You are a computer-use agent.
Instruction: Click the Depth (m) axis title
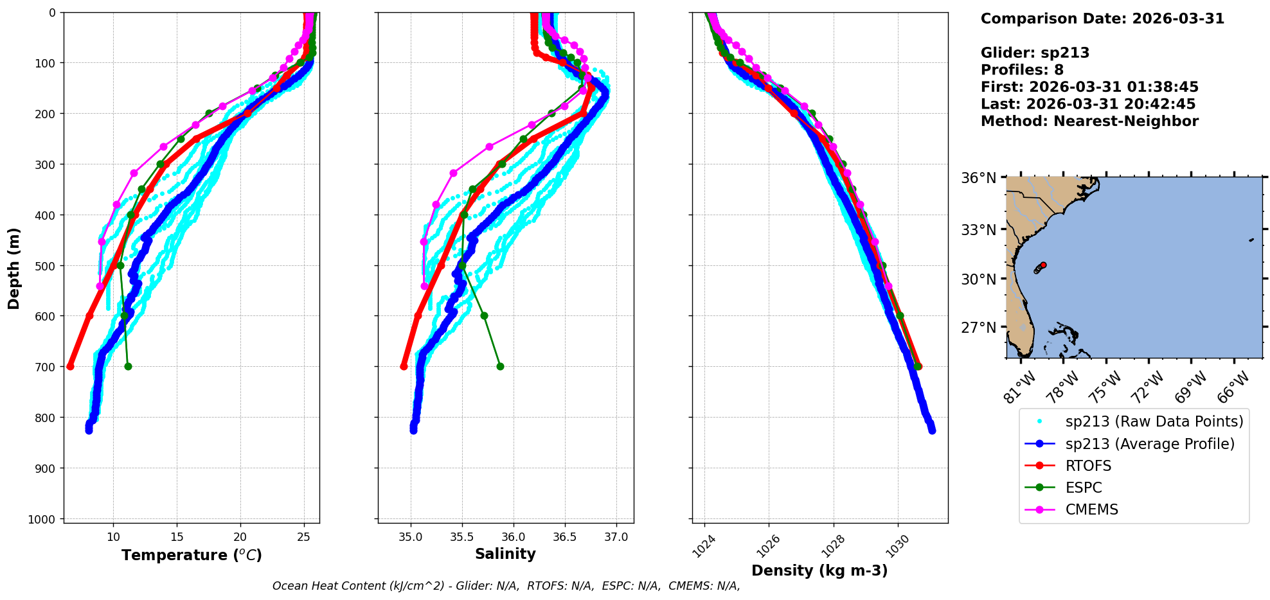click(x=14, y=268)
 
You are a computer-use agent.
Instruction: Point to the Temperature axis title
click(x=192, y=555)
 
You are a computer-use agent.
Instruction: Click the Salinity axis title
click(x=505, y=554)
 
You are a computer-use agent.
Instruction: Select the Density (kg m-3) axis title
click(x=819, y=570)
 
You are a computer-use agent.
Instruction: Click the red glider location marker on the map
click(x=1043, y=265)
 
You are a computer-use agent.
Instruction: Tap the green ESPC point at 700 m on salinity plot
click(x=500, y=366)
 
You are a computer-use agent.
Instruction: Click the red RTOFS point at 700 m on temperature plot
click(x=70, y=366)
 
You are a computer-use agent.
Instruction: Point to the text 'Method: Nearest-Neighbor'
click(x=1089, y=121)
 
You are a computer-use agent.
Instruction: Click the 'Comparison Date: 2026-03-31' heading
click(x=1102, y=19)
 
